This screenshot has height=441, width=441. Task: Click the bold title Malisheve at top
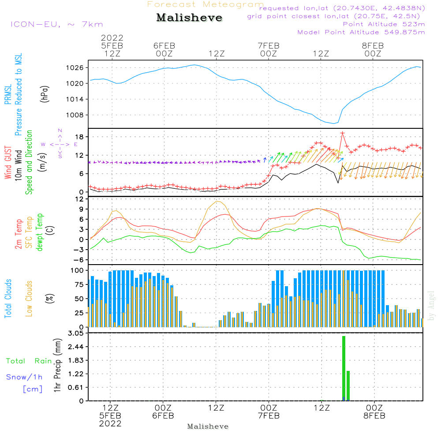click(189, 18)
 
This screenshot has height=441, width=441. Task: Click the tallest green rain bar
click(344, 368)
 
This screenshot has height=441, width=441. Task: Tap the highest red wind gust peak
click(342, 133)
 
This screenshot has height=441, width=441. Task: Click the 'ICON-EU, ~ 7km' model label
click(56, 24)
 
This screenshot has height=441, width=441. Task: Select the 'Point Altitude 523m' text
click(384, 24)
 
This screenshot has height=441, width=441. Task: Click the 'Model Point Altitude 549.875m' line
click(361, 32)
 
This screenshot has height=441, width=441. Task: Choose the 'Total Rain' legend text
click(29, 361)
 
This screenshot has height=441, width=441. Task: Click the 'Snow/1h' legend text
click(24, 377)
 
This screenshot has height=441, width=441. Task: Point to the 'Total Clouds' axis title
click(8, 299)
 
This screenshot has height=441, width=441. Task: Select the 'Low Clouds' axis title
click(29, 299)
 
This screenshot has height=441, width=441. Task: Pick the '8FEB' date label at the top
click(373, 45)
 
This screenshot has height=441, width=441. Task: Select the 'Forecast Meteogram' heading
click(206, 4)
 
